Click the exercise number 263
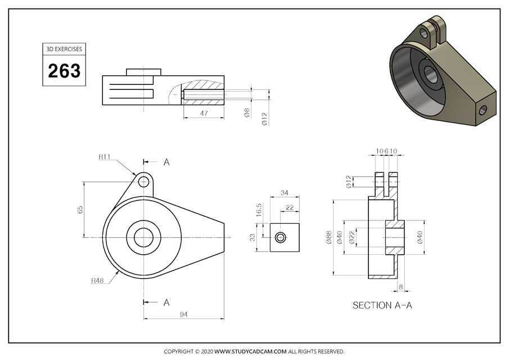(64, 71)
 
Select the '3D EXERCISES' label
(64, 49)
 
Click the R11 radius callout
(104, 157)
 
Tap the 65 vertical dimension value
(80, 209)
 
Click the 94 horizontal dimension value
(183, 314)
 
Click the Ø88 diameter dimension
(328, 238)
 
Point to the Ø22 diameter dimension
(352, 238)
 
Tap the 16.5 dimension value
(259, 209)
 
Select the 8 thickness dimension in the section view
(400, 287)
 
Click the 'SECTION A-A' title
(382, 305)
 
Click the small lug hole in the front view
(143, 181)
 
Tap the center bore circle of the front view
(143, 238)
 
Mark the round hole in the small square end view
(280, 238)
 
